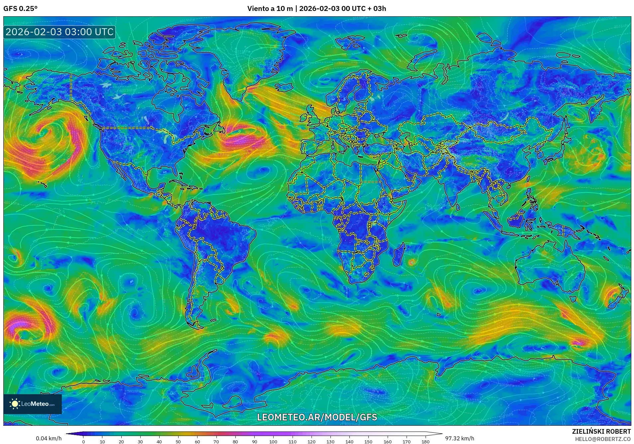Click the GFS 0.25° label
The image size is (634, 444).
click(20, 9)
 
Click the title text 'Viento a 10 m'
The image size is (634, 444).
click(270, 9)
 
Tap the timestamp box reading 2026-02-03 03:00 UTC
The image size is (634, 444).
click(60, 32)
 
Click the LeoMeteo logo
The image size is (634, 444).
click(33, 404)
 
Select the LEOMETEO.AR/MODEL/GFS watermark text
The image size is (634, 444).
click(317, 417)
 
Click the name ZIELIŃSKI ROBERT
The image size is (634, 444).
click(601, 431)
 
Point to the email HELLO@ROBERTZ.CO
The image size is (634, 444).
click(603, 439)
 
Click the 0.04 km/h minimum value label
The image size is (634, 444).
click(49, 438)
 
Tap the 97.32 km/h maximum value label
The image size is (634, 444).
click(460, 438)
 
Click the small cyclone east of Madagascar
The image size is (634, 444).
click(412, 262)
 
